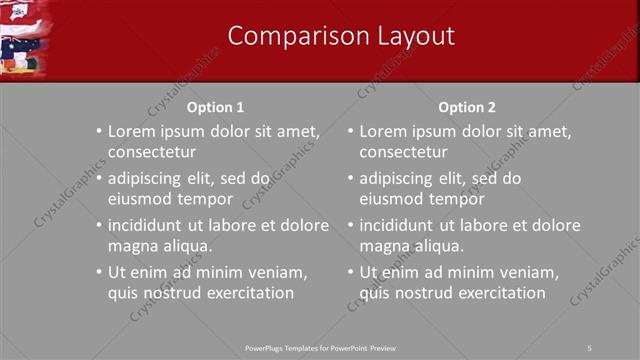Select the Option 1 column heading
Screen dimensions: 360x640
[x=215, y=107]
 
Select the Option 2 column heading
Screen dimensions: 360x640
[x=466, y=107]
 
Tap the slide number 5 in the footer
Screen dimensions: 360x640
[x=590, y=347]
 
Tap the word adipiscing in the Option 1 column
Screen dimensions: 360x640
[x=151, y=179]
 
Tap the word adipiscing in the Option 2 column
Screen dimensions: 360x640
[x=403, y=179]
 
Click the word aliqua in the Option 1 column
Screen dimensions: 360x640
[x=186, y=246]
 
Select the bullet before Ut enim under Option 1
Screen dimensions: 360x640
[x=98, y=273]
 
